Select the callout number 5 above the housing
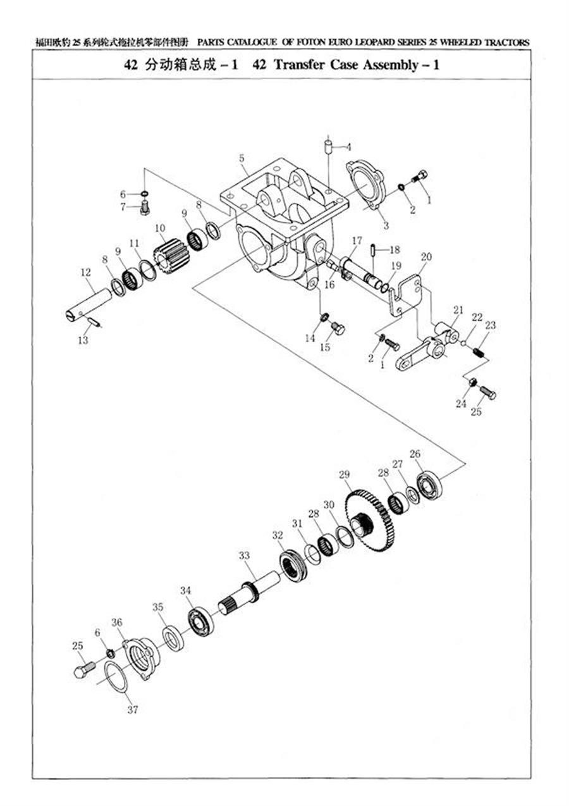242,158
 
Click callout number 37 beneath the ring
132,710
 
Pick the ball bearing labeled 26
429,486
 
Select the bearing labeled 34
201,621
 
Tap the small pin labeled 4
329,147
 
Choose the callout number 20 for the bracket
426,257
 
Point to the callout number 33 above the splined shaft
245,555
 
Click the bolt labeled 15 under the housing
338,328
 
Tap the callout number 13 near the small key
83,340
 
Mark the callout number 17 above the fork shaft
357,240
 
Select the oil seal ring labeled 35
173,638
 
